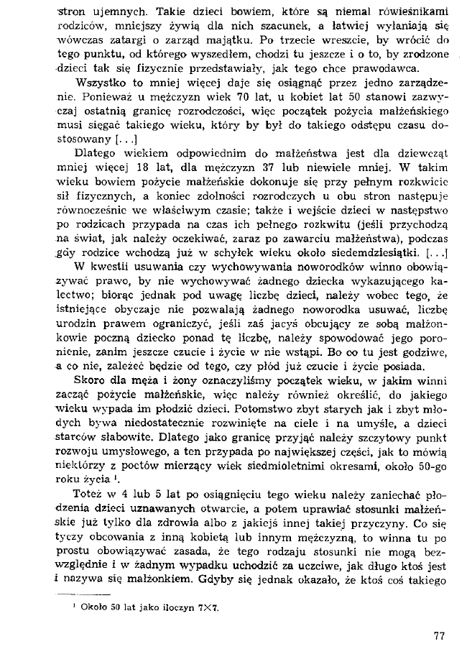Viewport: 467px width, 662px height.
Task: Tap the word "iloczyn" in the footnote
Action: point(175,607)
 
